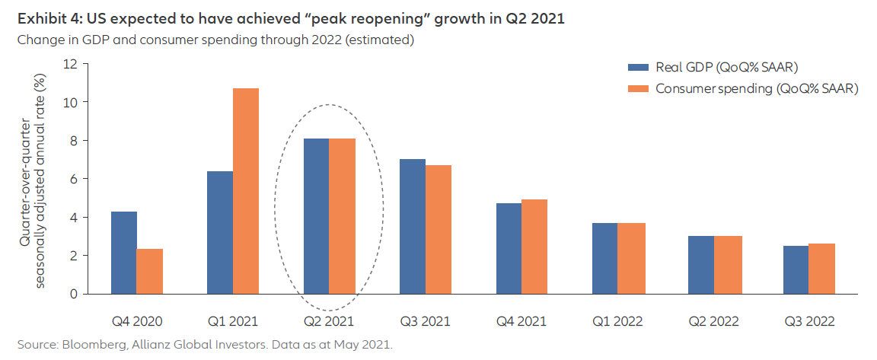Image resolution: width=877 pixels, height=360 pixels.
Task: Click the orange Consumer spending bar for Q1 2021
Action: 245,191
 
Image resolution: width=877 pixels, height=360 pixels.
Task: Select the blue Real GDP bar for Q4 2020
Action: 123,253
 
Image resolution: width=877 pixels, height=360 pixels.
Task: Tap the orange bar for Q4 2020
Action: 149,271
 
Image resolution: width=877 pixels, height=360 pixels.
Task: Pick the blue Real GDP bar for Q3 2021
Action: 412,226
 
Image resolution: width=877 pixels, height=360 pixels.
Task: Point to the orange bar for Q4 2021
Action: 535,247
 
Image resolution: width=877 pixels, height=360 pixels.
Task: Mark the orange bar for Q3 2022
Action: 821,269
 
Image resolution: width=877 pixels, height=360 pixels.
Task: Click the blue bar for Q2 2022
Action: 700,265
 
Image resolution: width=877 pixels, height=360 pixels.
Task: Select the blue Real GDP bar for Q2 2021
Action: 316,216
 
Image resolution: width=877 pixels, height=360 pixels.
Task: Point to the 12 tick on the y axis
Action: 72,64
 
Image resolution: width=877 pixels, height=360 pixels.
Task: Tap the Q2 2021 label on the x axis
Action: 329,321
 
